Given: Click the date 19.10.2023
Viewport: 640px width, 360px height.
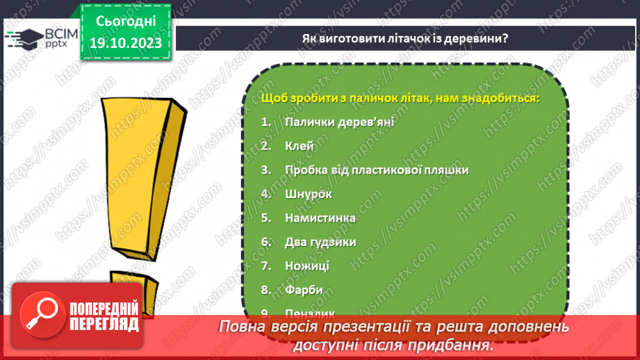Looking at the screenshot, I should (x=125, y=43).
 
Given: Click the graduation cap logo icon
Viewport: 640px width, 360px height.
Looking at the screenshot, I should (x=23, y=38).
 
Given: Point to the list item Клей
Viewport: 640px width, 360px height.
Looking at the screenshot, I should (x=299, y=146).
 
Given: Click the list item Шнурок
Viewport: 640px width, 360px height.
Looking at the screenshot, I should (x=309, y=194).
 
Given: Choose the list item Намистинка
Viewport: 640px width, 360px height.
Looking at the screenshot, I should (x=320, y=218).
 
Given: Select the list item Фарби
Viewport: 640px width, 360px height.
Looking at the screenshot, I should (x=304, y=289).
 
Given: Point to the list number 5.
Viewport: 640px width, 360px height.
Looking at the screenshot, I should (x=265, y=218).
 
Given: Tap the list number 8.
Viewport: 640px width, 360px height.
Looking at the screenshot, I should (x=265, y=289).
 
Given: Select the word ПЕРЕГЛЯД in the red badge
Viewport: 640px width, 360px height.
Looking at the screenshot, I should (x=104, y=324).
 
